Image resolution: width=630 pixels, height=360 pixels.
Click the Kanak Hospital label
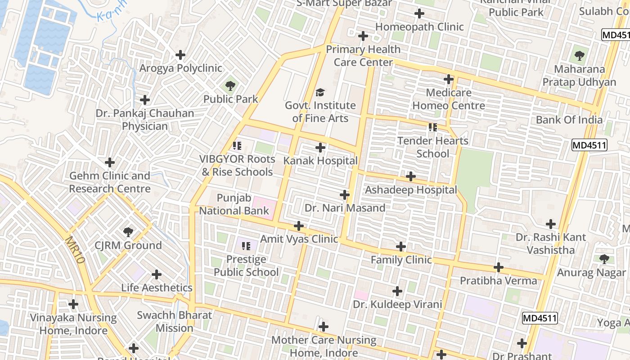point(320,161)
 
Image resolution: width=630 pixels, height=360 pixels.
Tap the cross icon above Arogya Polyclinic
point(180,55)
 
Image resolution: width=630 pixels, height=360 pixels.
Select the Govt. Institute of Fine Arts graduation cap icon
point(320,93)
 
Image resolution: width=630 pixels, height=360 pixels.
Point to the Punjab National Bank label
point(234,204)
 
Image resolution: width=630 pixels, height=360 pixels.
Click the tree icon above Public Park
point(230,85)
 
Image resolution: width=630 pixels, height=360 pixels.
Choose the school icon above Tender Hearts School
point(433,127)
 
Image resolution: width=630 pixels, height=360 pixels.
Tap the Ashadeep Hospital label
point(410,190)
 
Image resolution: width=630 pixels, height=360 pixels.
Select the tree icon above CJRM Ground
point(128,232)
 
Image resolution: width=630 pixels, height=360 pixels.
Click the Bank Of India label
point(569,120)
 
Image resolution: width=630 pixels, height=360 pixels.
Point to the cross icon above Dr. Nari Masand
point(345,195)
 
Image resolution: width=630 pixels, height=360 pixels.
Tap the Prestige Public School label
point(246,266)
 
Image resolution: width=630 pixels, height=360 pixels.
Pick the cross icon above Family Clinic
point(401,247)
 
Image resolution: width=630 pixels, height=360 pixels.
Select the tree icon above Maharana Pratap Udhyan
point(579,56)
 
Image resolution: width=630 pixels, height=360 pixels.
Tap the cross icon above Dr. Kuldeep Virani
point(397,291)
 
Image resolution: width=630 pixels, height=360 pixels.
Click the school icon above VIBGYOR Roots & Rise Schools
point(237,146)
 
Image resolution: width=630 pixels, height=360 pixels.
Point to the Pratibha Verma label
point(498,281)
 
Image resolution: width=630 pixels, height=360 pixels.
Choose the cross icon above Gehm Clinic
point(110,162)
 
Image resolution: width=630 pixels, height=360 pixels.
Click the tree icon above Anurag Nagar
point(604,259)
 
